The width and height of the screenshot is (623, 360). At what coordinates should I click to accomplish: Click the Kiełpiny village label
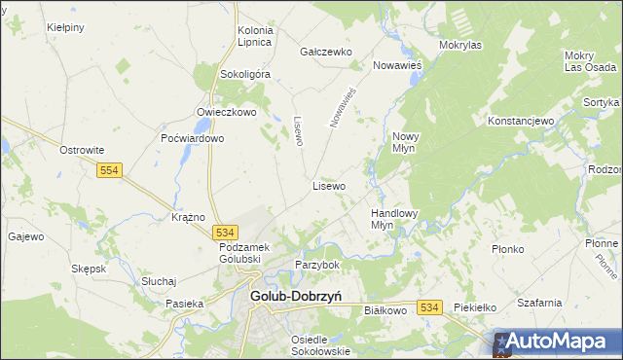[x=65, y=27]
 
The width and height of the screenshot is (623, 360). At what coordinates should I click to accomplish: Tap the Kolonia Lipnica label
[x=255, y=37]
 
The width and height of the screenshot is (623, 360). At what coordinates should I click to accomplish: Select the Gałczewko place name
[x=325, y=52]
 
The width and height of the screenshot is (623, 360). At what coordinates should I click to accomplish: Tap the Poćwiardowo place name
[x=193, y=138]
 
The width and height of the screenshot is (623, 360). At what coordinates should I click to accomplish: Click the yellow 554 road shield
[x=109, y=170]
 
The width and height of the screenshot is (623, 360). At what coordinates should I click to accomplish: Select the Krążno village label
[x=188, y=217]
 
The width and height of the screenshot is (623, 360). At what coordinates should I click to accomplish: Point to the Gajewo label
[x=26, y=236]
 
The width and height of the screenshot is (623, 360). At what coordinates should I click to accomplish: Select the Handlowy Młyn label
[x=394, y=218]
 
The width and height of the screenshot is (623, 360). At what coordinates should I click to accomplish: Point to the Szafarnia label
[x=540, y=303]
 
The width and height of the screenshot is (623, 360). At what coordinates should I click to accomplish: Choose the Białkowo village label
[x=384, y=310]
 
